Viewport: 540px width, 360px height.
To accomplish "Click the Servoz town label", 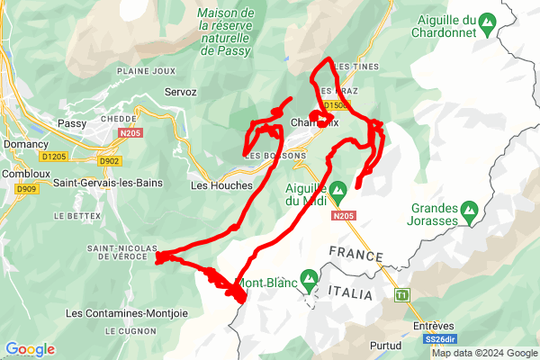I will (180, 92).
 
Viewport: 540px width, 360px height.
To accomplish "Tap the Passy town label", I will (71, 124).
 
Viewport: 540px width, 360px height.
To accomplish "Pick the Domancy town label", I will (25, 144).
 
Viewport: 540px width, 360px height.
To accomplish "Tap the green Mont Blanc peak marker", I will (309, 279).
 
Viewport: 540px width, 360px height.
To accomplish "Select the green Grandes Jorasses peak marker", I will (468, 213).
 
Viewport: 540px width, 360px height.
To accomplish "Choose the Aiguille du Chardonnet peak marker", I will (487, 20).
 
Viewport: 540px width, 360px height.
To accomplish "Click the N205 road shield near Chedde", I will (130, 133).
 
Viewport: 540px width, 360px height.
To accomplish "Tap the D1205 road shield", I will (54, 157).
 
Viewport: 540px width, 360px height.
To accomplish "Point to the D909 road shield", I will (25, 189).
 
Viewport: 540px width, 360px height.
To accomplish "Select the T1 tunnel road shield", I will (401, 294).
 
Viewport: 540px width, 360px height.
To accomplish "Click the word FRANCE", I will (356, 254).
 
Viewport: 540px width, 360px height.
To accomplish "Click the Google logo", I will (31, 349).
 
